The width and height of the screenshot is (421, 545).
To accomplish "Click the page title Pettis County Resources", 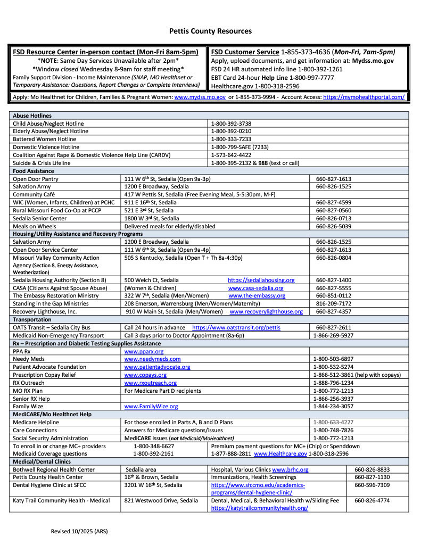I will (x=210, y=31).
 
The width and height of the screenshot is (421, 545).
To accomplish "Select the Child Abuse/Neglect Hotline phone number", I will (x=231, y=123).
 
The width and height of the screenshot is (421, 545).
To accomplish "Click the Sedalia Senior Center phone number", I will (x=333, y=218).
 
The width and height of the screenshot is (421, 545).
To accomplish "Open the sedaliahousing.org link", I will (x=261, y=280).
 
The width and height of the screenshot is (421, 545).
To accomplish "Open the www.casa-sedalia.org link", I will (x=255, y=288).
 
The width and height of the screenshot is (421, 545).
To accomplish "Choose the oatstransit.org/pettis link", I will (x=236, y=327).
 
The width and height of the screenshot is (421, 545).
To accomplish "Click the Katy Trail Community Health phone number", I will (x=372, y=500).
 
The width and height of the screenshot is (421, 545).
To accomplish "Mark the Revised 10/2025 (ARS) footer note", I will (x=78, y=531).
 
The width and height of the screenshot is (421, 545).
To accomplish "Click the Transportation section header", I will (x=32, y=319).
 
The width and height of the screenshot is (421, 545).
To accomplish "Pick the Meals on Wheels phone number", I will (x=333, y=226).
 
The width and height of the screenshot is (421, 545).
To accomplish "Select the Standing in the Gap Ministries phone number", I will (x=333, y=303).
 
